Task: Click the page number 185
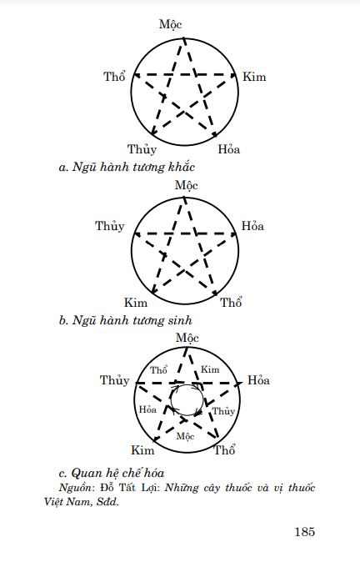pyautogui.click(x=305, y=532)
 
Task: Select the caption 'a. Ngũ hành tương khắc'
pyautogui.click(x=127, y=167)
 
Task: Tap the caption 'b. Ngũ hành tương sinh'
pyautogui.click(x=126, y=320)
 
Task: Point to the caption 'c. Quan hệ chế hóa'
pyautogui.click(x=112, y=473)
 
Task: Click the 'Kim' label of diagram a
pyautogui.click(x=254, y=77)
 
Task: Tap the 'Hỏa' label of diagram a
pyautogui.click(x=229, y=149)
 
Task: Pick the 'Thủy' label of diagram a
pyautogui.click(x=142, y=149)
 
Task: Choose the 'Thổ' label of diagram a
pyautogui.click(x=114, y=77)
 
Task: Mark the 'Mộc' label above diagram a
pyautogui.click(x=170, y=24)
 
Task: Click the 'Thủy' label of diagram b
pyautogui.click(x=110, y=226)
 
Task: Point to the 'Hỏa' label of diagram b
pyautogui.click(x=252, y=226)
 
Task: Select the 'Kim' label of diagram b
pyautogui.click(x=136, y=303)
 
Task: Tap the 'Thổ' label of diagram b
pyautogui.click(x=232, y=303)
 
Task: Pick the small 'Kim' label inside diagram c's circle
pyautogui.click(x=210, y=369)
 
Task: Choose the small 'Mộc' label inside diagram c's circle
pyautogui.click(x=186, y=436)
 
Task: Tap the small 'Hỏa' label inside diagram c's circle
pyautogui.click(x=147, y=409)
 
